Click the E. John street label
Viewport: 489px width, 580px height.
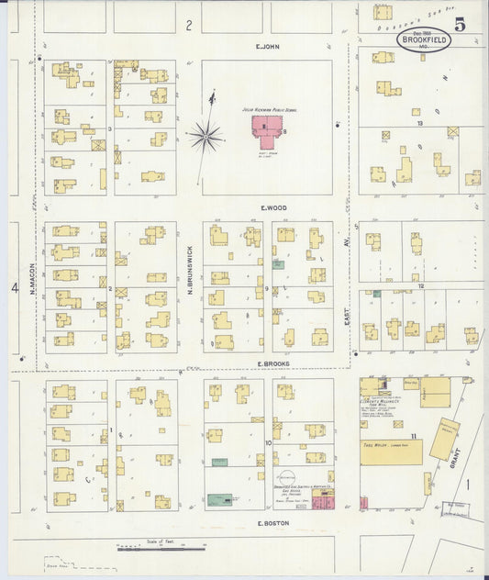tap(267, 46)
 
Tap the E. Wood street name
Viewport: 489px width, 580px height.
tap(272, 207)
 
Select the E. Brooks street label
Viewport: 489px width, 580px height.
tap(272, 365)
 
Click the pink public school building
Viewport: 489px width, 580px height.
tap(267, 133)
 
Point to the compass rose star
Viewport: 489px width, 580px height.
tap(206, 138)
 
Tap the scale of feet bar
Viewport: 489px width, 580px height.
tap(161, 548)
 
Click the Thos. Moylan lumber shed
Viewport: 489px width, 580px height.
tap(392, 452)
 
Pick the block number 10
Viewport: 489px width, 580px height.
tap(269, 442)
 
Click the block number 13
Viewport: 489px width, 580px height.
tap(418, 122)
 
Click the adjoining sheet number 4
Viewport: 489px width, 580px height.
tap(15, 288)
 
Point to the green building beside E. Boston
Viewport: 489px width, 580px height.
tap(220, 500)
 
